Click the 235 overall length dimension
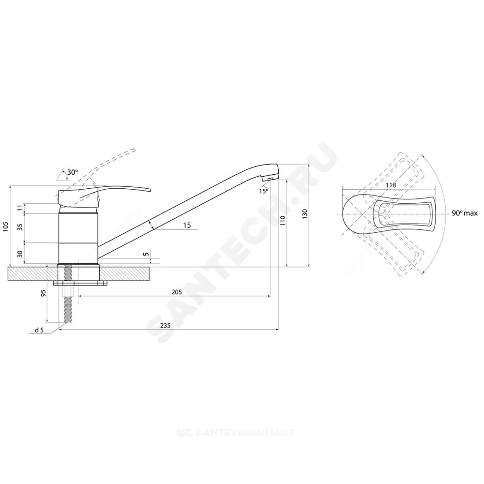click(x=166, y=326)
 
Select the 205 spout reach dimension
click(x=176, y=292)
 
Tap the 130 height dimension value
click(x=305, y=214)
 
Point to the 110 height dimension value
click(x=283, y=221)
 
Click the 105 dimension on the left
click(x=6, y=227)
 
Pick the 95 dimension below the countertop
click(x=44, y=293)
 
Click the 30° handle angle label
click(x=73, y=172)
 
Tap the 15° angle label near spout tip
click(x=264, y=191)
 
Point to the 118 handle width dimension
click(x=391, y=185)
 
